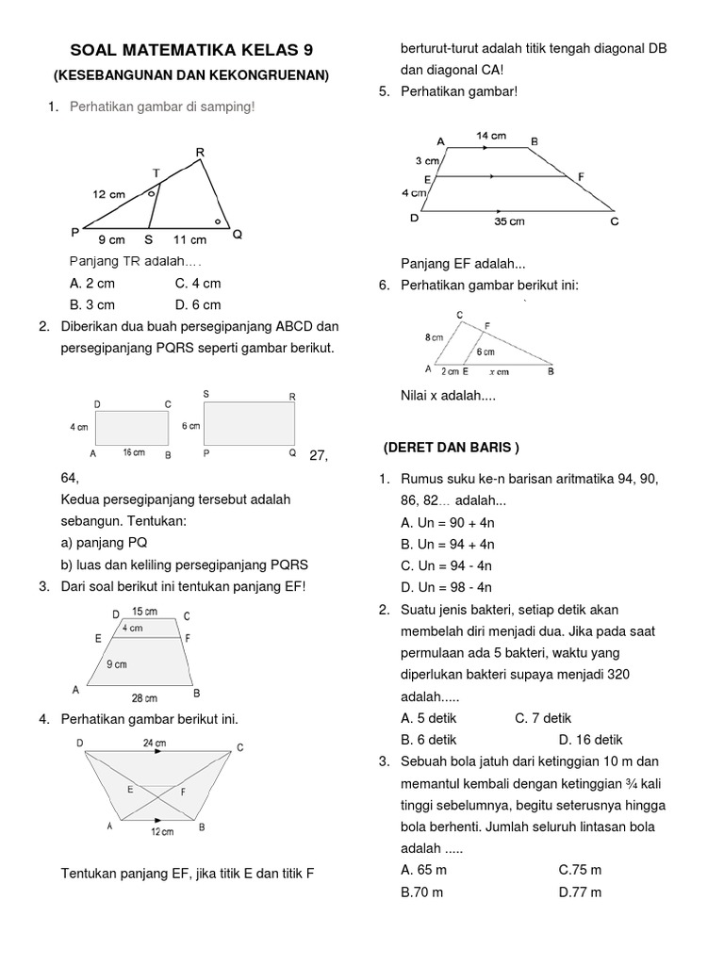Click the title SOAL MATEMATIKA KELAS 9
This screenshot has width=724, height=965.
click(192, 50)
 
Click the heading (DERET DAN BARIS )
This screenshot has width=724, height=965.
click(452, 446)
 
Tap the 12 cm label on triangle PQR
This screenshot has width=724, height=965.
click(108, 194)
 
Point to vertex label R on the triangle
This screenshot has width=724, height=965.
click(200, 152)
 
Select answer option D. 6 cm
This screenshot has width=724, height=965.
click(198, 304)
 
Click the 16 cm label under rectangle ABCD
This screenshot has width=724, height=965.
click(134, 453)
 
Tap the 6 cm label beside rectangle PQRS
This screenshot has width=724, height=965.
click(191, 426)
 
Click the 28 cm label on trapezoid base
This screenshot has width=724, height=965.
click(144, 697)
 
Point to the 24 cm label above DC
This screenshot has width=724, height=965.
click(155, 744)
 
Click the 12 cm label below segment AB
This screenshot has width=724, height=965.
click(162, 832)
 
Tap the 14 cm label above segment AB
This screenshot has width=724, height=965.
click(490, 136)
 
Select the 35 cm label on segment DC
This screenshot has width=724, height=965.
click(509, 221)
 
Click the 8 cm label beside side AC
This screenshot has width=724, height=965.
click(434, 336)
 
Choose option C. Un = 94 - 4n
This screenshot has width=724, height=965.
click(447, 565)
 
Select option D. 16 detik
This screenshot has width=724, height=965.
click(590, 740)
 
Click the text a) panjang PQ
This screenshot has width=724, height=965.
click(104, 543)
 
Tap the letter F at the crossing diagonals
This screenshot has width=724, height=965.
click(183, 793)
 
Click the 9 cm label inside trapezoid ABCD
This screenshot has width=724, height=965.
click(116, 664)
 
